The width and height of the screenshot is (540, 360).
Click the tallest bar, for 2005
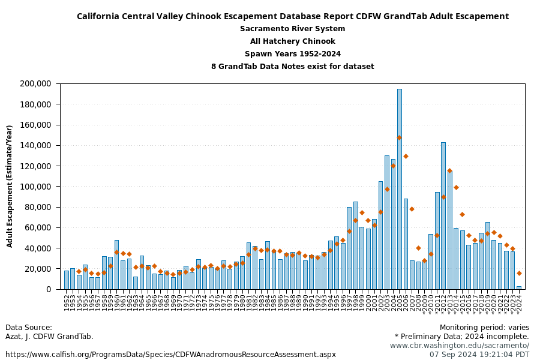(400, 189)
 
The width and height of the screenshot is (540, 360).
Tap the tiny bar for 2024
(518, 287)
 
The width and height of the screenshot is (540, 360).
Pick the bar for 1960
(116, 265)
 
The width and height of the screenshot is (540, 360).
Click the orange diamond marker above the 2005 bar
(400, 137)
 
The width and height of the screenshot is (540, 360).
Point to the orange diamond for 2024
(519, 273)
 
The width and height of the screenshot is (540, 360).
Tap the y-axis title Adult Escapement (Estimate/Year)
(10, 186)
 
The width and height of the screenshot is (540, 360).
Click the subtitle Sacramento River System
(292, 29)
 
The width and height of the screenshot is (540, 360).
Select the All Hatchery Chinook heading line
(292, 41)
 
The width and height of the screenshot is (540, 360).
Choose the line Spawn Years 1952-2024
(292, 54)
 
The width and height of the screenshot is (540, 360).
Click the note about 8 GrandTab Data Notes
(292, 67)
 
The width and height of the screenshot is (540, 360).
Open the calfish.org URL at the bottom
(170, 355)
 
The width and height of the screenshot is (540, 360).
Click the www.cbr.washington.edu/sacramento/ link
(459, 346)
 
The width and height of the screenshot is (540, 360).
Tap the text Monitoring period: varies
(484, 328)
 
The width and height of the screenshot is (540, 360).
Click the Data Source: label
(29, 328)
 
